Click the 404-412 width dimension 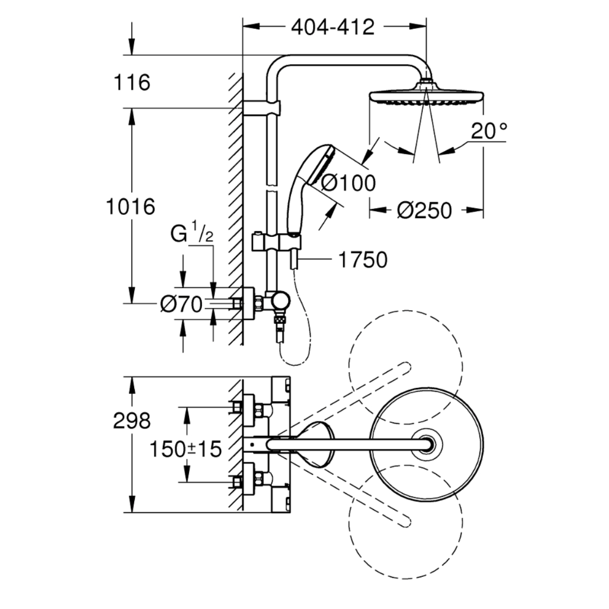coord(333,27)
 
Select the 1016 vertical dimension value coord(131,206)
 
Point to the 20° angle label coord(488,132)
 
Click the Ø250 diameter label coord(425,210)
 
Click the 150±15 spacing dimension coord(185,449)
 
